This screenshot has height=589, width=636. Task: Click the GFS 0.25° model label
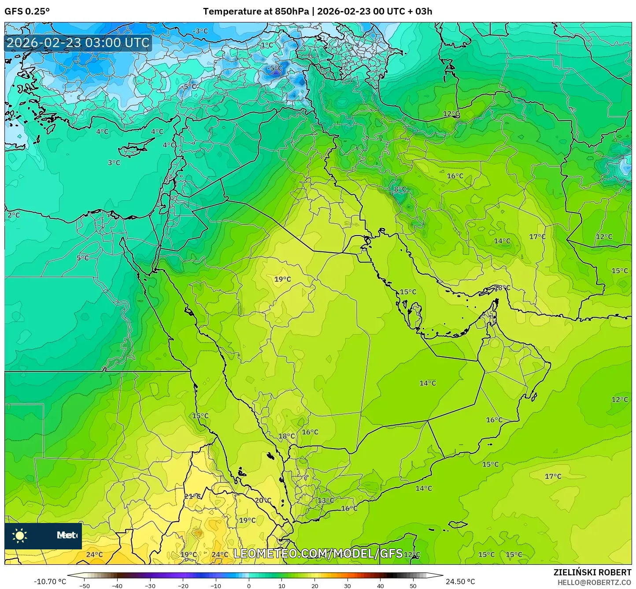pos(27,11)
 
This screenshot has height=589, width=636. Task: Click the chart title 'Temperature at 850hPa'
pos(255,11)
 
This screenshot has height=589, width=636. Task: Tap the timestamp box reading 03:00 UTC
pos(78,43)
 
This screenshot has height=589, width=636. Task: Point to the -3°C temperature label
pos(200,31)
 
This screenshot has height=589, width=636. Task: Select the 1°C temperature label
pos(267,45)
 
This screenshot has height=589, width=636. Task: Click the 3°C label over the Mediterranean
pos(114,162)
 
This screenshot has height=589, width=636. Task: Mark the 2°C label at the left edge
pos(14,215)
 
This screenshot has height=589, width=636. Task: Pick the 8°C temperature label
pos(400,189)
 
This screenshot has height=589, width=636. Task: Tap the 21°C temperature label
pos(192,496)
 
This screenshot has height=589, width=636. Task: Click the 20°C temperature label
pos(263,500)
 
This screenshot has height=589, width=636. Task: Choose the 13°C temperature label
pos(326,500)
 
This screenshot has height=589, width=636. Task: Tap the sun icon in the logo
pos(20,536)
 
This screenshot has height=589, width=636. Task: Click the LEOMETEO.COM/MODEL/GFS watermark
pos(318,553)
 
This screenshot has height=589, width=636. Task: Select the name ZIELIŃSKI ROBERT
pos(592,572)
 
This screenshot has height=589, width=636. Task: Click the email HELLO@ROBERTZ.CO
pos(594,582)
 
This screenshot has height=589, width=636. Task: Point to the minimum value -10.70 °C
pos(50,582)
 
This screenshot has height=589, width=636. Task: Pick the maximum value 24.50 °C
pos(460,582)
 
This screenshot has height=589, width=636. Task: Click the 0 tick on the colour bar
pos(249,586)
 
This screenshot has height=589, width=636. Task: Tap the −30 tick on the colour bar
pos(150,586)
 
